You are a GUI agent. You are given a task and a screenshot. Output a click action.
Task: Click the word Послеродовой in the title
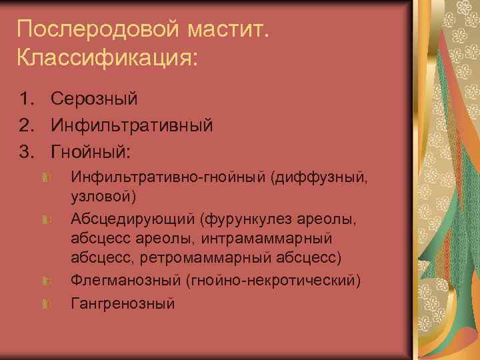click(x=81, y=29)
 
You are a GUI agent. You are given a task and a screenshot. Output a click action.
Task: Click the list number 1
click(x=27, y=99)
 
